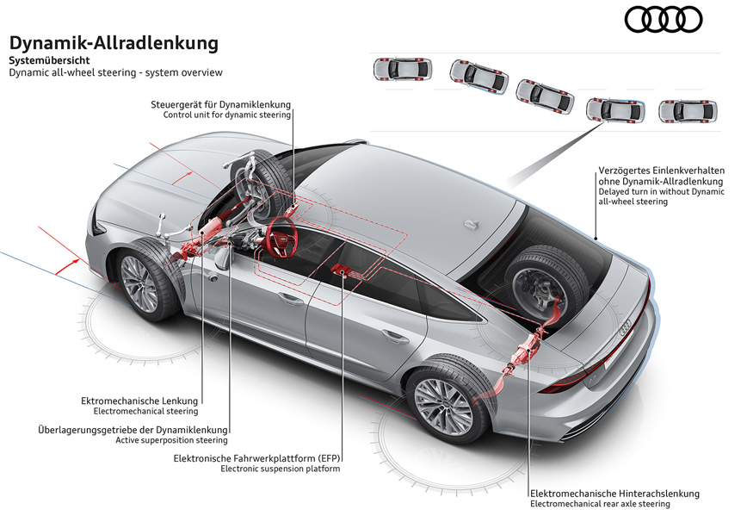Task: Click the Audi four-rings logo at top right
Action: click(x=663, y=20)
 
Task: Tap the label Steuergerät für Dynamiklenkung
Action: click(x=220, y=104)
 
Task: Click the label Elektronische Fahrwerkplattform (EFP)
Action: click(x=256, y=458)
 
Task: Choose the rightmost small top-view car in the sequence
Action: click(x=687, y=111)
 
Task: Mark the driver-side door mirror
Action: click(x=224, y=257)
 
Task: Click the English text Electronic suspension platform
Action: click(x=280, y=469)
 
